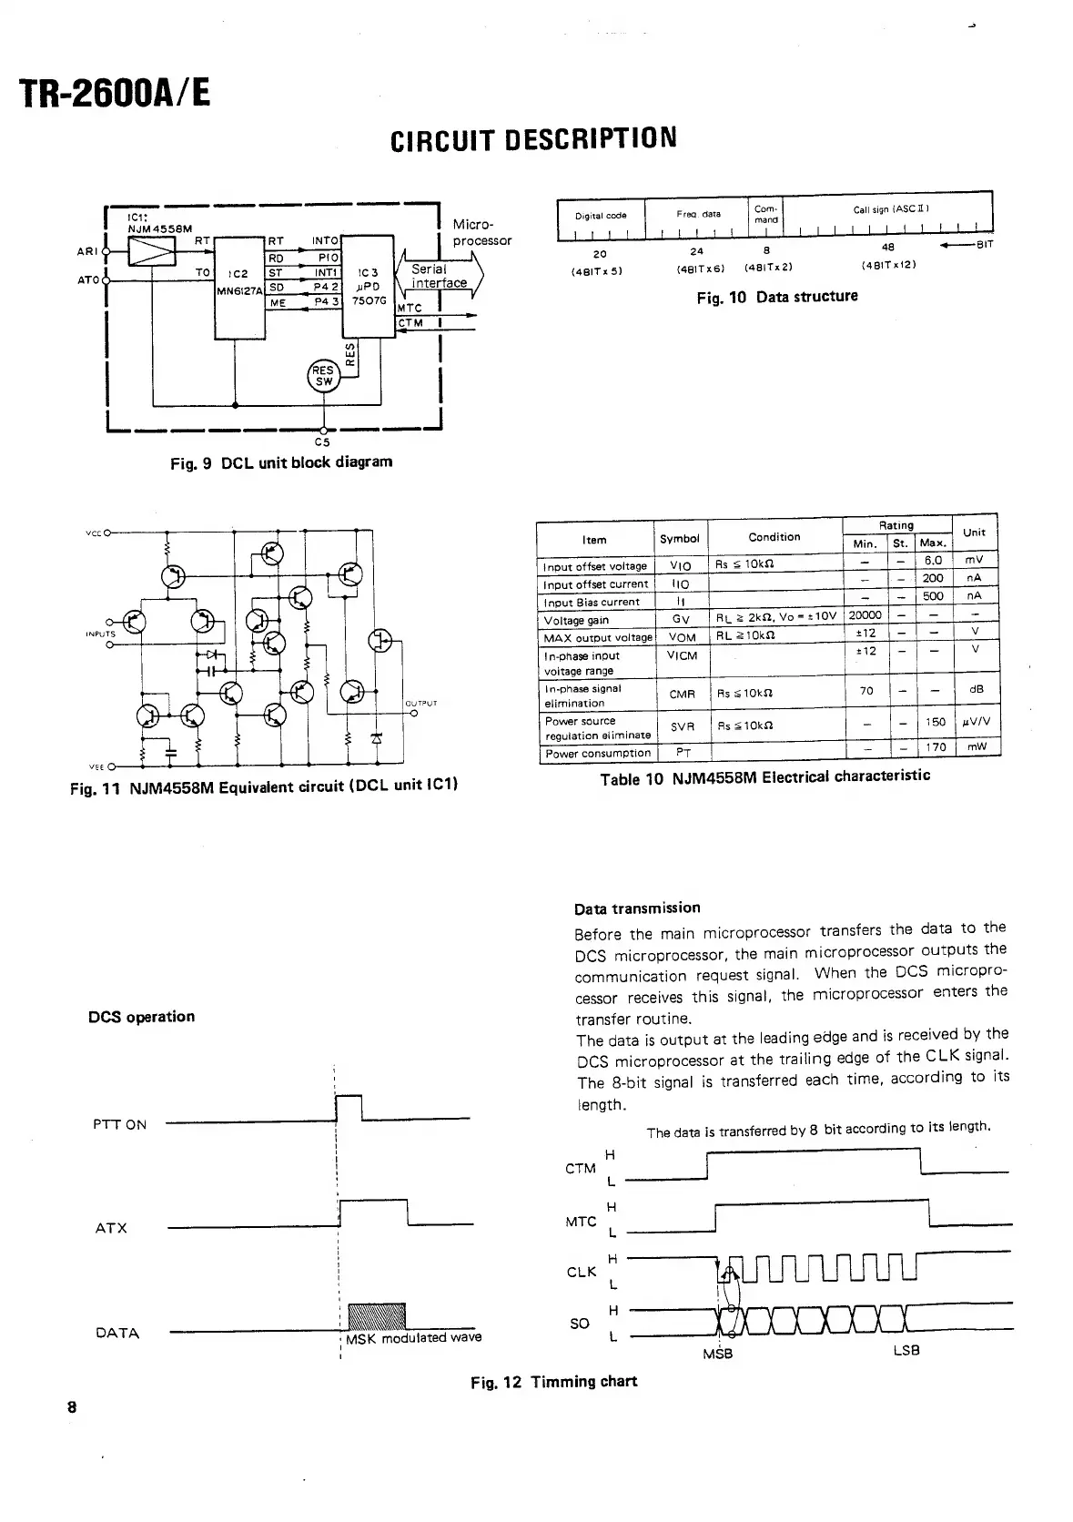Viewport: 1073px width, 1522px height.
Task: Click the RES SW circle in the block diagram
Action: tap(324, 375)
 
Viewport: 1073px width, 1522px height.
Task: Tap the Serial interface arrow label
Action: tap(438, 276)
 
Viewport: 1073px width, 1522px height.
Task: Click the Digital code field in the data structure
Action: tap(601, 216)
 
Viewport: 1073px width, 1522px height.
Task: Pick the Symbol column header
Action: tap(679, 538)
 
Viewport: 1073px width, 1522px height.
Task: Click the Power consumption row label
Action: tap(597, 753)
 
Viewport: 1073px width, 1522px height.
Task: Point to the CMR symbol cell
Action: tap(682, 694)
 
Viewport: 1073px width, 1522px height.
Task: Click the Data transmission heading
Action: tap(637, 908)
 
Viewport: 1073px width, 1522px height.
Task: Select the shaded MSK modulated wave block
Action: tap(377, 1315)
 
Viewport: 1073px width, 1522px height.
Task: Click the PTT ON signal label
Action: tap(119, 1124)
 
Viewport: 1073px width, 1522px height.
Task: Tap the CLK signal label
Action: tap(581, 1272)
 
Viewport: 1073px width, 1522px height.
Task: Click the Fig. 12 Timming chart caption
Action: tap(553, 1382)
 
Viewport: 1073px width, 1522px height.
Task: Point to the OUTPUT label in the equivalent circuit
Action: tap(420, 703)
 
